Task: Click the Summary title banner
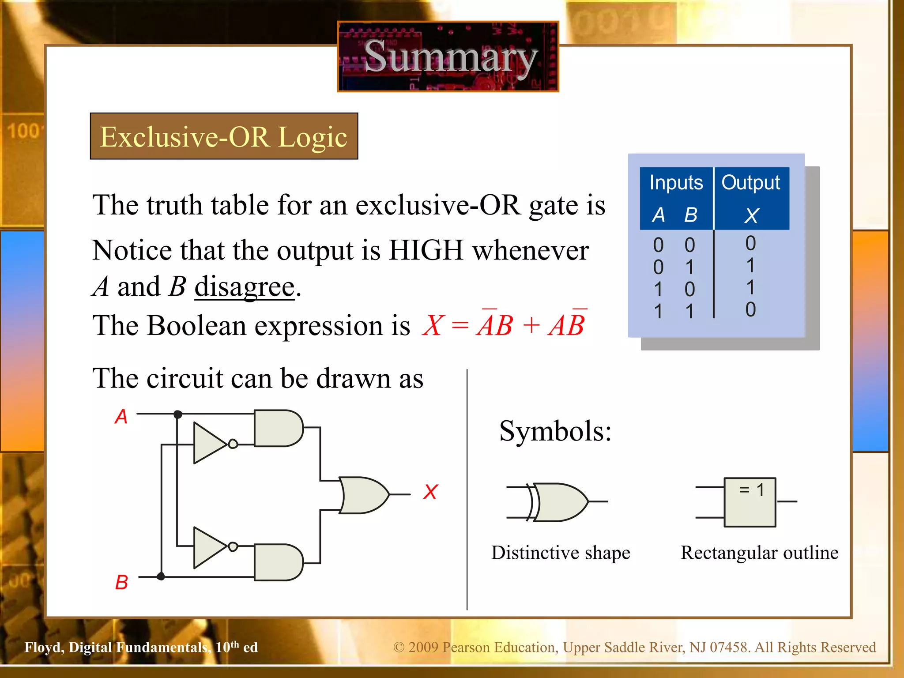pyautogui.click(x=448, y=56)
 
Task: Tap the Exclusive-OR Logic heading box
pyautogui.click(x=224, y=136)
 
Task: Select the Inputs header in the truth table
pyautogui.click(x=676, y=182)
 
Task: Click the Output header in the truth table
pyautogui.click(x=751, y=182)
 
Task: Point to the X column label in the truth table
pyautogui.click(x=751, y=215)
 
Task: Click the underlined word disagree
pyautogui.click(x=245, y=287)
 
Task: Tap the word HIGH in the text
pyautogui.click(x=426, y=250)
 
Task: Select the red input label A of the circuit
pyautogui.click(x=121, y=416)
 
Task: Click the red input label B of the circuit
pyautogui.click(x=121, y=582)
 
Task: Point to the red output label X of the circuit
pyautogui.click(x=430, y=492)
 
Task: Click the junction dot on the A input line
pyautogui.click(x=178, y=414)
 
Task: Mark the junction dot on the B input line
pyautogui.click(x=161, y=576)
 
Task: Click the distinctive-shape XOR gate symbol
pyautogui.click(x=559, y=502)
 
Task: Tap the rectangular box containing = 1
pyautogui.click(x=750, y=502)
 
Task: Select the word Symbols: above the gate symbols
pyautogui.click(x=555, y=431)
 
